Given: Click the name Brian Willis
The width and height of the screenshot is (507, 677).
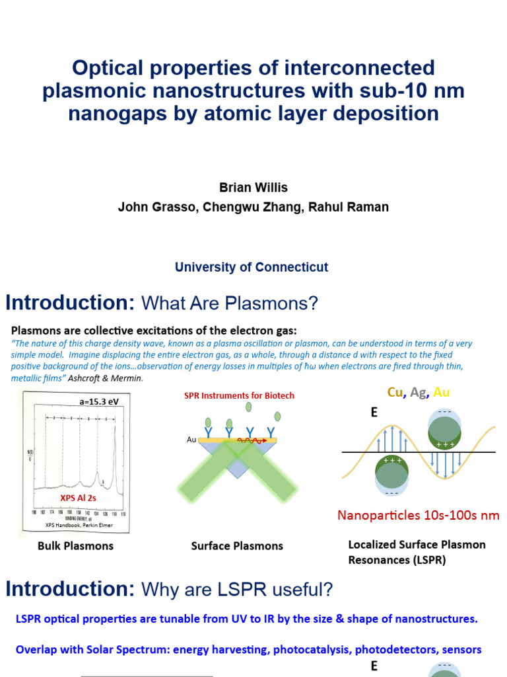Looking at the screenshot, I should (253, 188).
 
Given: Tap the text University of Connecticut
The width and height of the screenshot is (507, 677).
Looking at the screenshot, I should (252, 267).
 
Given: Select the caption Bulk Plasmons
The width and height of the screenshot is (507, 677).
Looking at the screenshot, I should (75, 545).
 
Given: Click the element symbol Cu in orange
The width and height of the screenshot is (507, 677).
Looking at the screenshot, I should (395, 393).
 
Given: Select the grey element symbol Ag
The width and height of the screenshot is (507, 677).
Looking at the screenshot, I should (418, 393).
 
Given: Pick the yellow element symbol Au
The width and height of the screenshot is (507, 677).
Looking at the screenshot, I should (441, 393).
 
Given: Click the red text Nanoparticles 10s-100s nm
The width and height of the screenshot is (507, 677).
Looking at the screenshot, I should (418, 515).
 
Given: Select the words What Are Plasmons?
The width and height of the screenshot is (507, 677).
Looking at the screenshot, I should (230, 303).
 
